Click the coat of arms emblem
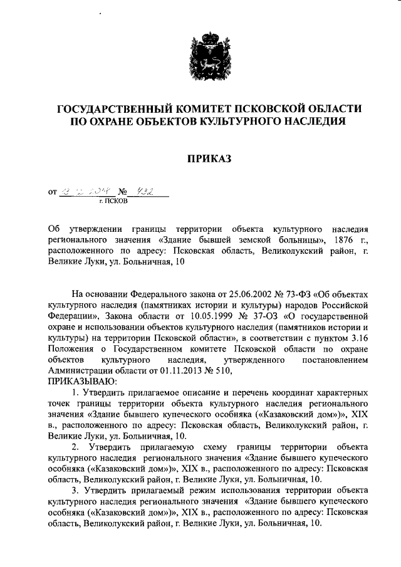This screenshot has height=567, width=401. click(200, 55)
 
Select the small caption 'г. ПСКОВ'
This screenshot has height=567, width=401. click(113, 202)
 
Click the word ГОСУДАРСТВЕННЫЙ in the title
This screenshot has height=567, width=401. click(117, 109)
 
